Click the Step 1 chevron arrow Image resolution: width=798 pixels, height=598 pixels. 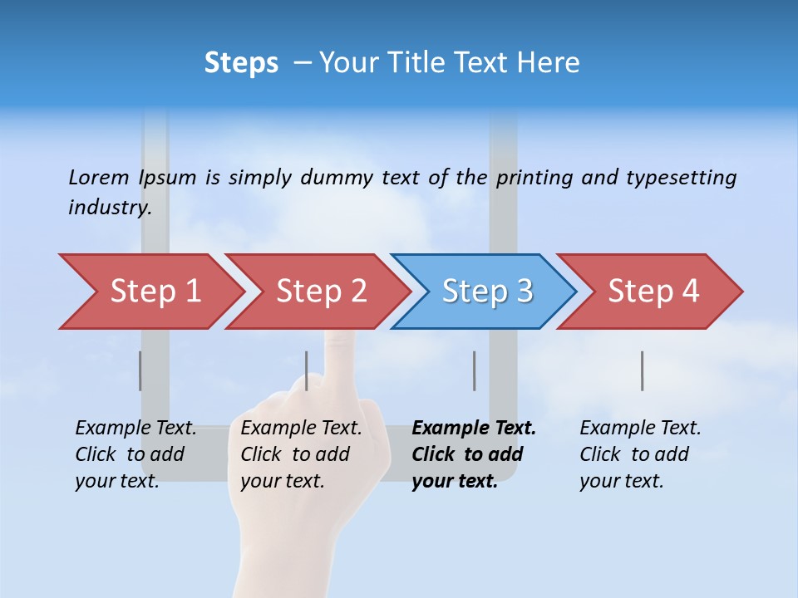155,292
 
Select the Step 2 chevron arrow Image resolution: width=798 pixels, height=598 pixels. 321,292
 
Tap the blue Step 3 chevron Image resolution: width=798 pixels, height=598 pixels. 487,292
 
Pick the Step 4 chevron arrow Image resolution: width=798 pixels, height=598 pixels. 653,292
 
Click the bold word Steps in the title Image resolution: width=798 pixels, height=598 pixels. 241,63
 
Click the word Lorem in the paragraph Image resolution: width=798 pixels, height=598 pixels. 99,177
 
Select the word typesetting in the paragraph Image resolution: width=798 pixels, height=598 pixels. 681,177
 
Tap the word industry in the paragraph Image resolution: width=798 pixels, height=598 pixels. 110,207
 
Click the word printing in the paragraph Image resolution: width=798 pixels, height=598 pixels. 533,177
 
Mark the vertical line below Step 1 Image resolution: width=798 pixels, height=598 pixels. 140,370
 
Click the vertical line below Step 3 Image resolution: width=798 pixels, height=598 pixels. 474,370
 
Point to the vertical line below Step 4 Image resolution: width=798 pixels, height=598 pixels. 642,370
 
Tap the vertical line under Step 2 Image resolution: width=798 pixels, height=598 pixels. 307,370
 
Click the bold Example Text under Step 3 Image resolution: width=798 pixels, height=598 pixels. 474,429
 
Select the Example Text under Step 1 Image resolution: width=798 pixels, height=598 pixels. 136,429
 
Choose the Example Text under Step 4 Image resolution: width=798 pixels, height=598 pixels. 641,429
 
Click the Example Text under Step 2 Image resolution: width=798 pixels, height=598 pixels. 302,429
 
